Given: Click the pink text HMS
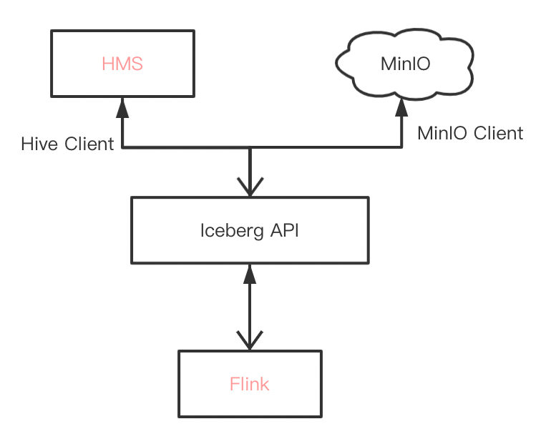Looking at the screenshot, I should [x=122, y=64].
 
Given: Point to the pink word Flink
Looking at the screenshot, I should [x=250, y=384].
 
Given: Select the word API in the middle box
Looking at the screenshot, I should [x=284, y=231].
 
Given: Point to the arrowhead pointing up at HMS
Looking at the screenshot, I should [x=122, y=107].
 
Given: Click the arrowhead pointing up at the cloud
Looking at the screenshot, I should [x=402, y=107].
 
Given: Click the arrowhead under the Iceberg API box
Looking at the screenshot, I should [x=250, y=272].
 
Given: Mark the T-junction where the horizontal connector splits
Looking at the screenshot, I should [x=250, y=148].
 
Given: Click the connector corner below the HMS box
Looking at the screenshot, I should [x=122, y=148].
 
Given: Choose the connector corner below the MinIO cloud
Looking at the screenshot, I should [x=402, y=148].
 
